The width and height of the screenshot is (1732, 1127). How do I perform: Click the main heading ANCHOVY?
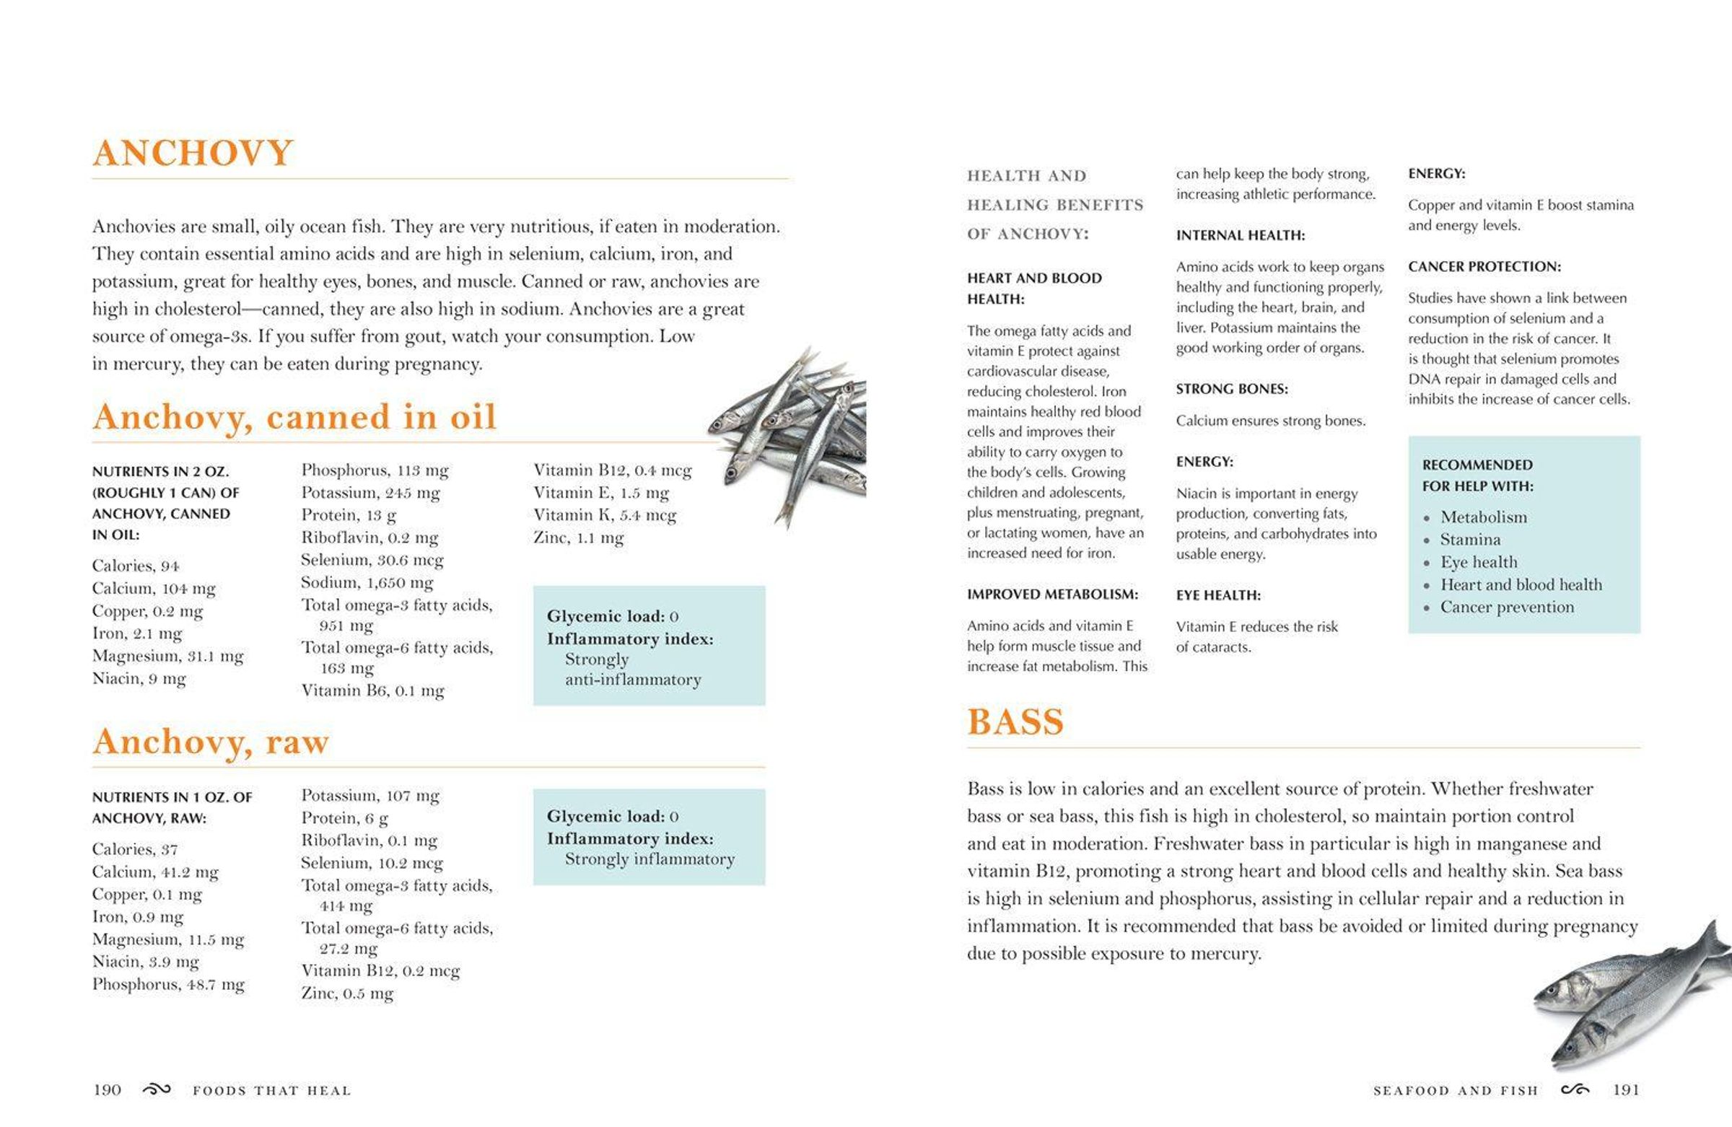click(193, 153)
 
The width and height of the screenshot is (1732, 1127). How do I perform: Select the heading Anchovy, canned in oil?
click(294, 417)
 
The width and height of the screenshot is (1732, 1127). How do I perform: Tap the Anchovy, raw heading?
click(210, 742)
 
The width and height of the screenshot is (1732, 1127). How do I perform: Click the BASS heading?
click(1015, 722)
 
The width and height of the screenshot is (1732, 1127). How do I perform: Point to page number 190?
click(107, 1089)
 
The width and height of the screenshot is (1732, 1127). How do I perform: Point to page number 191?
click(1626, 1089)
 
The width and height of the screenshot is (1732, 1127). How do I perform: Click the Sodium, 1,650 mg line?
click(367, 582)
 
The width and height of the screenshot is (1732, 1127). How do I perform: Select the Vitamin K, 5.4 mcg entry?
click(605, 515)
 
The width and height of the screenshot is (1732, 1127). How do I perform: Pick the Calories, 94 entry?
click(136, 566)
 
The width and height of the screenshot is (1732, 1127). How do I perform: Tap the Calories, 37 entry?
click(135, 849)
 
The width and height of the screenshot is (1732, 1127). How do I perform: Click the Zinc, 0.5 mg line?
click(347, 993)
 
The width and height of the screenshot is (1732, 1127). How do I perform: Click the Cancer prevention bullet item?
click(1506, 607)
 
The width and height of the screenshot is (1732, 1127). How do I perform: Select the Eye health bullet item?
click(1479, 562)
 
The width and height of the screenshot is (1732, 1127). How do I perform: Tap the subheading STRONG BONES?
click(1231, 389)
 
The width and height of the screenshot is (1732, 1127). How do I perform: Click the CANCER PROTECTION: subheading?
click(1484, 267)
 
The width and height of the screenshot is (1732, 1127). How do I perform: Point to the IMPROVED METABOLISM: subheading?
click(1052, 595)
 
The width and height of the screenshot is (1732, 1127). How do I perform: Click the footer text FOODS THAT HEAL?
click(271, 1091)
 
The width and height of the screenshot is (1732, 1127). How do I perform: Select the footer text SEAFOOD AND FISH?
click(1456, 1091)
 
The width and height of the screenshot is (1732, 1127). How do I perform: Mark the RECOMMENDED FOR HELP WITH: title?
click(1477, 475)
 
